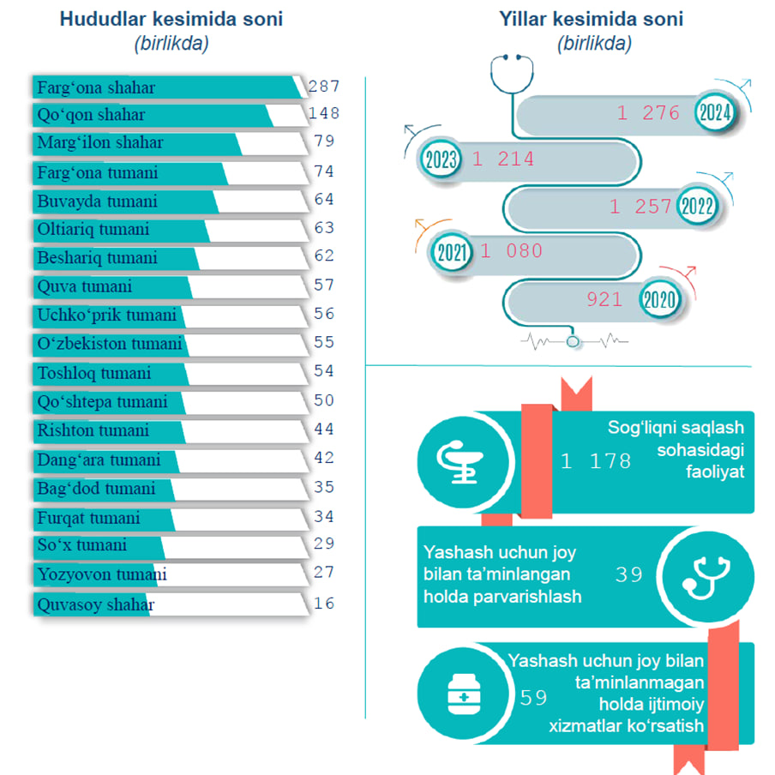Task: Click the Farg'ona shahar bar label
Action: point(96,87)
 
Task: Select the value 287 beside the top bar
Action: point(324,86)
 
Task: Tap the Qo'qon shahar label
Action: point(91,115)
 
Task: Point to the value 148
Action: point(324,113)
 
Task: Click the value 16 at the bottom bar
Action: point(324,604)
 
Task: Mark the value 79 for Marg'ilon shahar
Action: point(324,141)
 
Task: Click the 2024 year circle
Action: point(713,112)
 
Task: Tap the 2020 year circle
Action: point(660,300)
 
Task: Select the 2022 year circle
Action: point(696,207)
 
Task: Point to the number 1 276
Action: point(648,112)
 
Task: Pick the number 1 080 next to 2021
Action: point(512,251)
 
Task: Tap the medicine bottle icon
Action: point(464,694)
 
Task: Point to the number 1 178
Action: point(596,461)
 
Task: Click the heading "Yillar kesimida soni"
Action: point(591,19)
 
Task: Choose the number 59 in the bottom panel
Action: point(533,698)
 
